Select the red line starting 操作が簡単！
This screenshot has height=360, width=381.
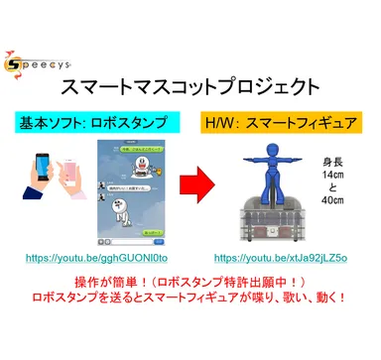[x=190, y=308]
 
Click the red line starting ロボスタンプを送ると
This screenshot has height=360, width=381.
[x=190, y=326]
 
